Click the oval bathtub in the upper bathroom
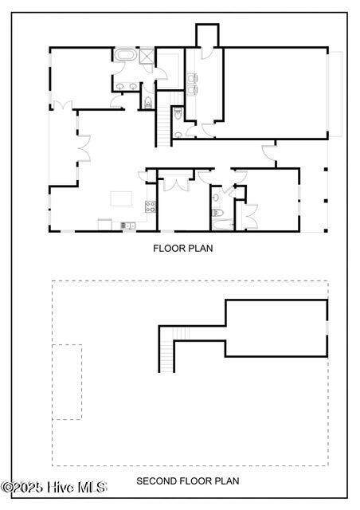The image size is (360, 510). click(x=125, y=54)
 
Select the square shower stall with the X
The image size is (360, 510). click(x=147, y=56)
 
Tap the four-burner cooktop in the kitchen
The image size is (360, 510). click(x=151, y=206)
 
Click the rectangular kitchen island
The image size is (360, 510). click(x=121, y=198)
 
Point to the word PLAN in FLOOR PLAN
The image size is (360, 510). click(x=198, y=249)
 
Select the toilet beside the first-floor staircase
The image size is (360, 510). click(x=178, y=113)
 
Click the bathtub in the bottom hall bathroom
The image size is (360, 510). click(x=223, y=225)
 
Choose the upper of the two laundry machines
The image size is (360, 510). click(x=193, y=78)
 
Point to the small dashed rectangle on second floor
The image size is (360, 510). click(x=67, y=382)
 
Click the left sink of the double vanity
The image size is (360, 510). click(x=120, y=86)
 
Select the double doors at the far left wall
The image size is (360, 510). click(x=62, y=105)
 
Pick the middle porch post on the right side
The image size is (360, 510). click(x=326, y=201)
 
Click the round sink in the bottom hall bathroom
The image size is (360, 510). click(x=216, y=197)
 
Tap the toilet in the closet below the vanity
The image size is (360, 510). click(x=148, y=102)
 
